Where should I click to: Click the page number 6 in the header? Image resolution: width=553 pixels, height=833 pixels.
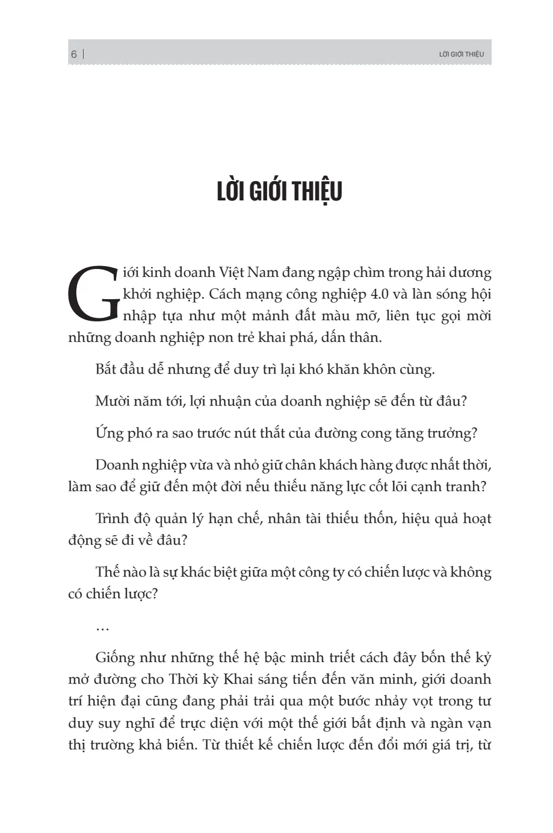(73, 54)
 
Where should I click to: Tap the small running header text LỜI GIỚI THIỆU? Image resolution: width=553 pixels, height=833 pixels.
(462, 54)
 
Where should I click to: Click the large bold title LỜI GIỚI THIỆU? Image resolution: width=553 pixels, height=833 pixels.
(279, 191)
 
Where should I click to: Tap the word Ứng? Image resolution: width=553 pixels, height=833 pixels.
(109, 433)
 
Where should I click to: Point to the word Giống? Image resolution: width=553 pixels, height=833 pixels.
(114, 657)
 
